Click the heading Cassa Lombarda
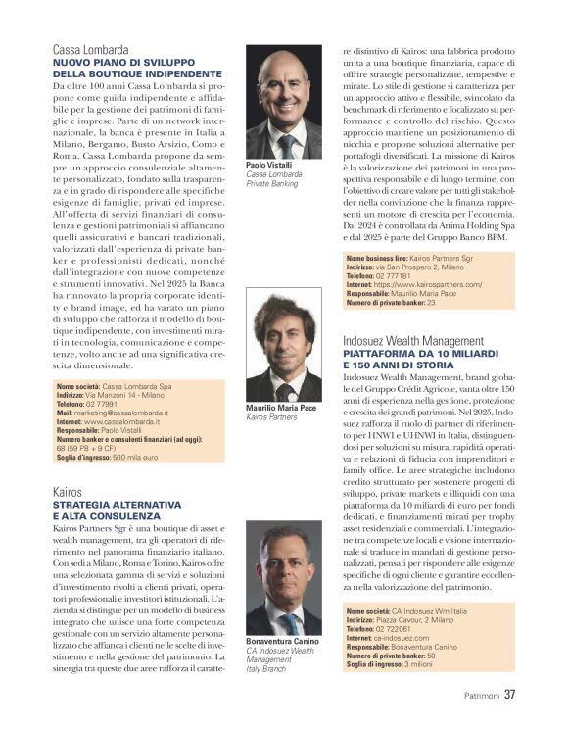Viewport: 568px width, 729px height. (90, 48)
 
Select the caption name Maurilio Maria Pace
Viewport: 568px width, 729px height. (282, 408)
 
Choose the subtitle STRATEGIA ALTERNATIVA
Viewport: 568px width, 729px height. (117, 504)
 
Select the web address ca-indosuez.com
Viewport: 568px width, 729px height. (407, 636)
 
